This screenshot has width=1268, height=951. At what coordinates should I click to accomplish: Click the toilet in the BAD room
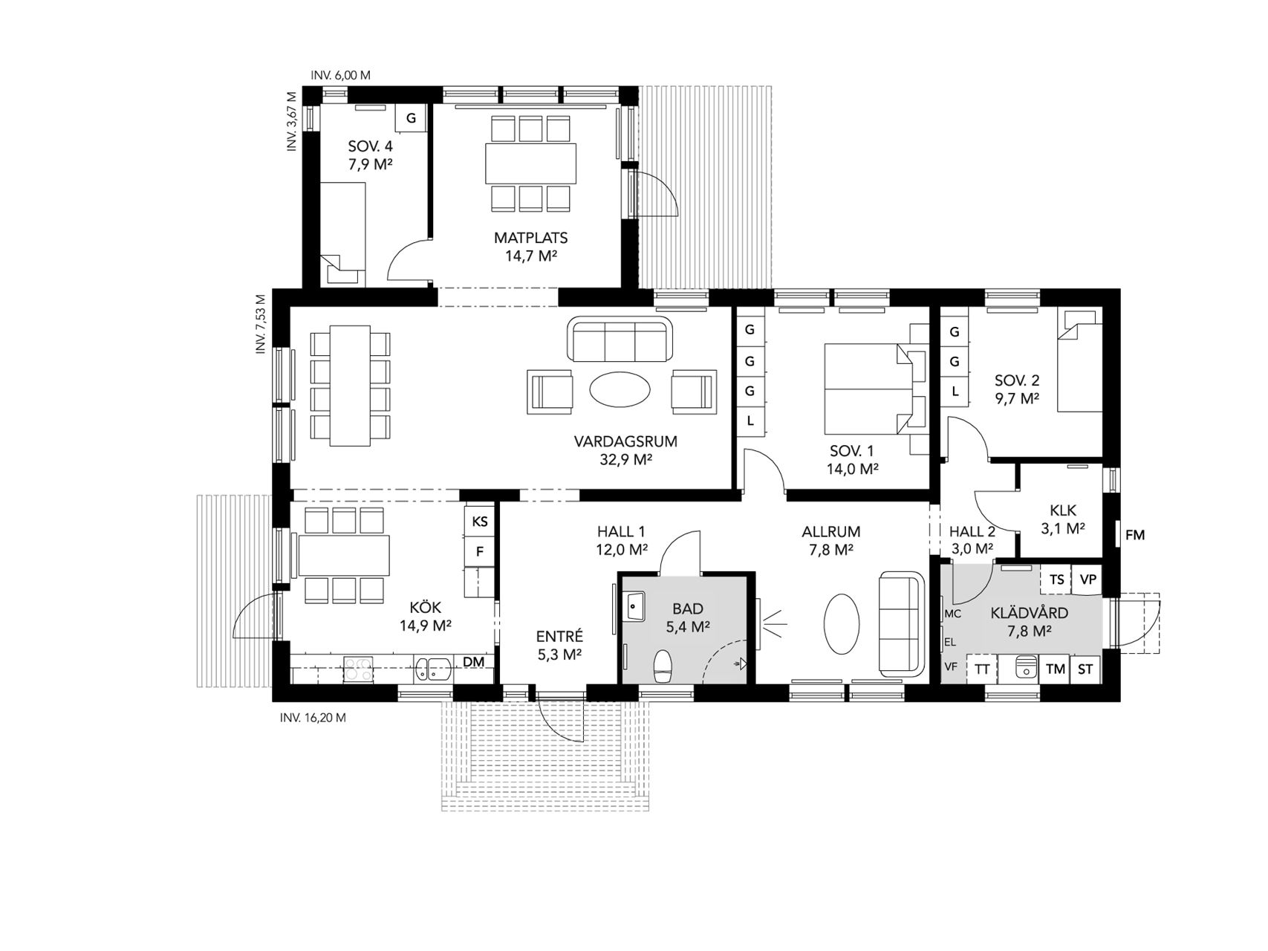(663, 666)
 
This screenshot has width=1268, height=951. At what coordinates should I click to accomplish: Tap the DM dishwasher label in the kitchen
(474, 661)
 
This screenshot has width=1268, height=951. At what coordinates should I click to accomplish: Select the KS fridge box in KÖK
(480, 522)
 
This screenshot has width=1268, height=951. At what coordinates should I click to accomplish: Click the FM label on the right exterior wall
(1135, 535)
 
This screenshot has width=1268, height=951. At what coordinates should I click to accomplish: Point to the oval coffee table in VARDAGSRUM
(620, 389)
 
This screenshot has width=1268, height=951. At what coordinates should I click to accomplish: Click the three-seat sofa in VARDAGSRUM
(619, 339)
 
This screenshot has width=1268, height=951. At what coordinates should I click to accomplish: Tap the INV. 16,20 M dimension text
(313, 718)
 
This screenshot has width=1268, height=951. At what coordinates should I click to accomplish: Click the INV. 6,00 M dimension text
(341, 75)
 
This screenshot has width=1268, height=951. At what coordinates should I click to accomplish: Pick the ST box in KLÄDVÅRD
(1085, 669)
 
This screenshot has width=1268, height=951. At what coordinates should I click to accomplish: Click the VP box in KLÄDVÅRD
(1088, 580)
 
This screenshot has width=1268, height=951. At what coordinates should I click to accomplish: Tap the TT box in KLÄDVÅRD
(982, 669)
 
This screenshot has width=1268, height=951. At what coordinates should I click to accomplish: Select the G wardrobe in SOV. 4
(411, 118)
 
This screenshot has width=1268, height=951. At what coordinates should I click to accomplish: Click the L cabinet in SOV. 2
(955, 391)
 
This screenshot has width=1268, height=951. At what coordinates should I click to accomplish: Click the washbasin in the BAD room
(634, 605)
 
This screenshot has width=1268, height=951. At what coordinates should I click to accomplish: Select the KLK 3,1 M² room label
(1063, 520)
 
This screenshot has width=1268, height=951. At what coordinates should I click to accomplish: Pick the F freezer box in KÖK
(480, 551)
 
